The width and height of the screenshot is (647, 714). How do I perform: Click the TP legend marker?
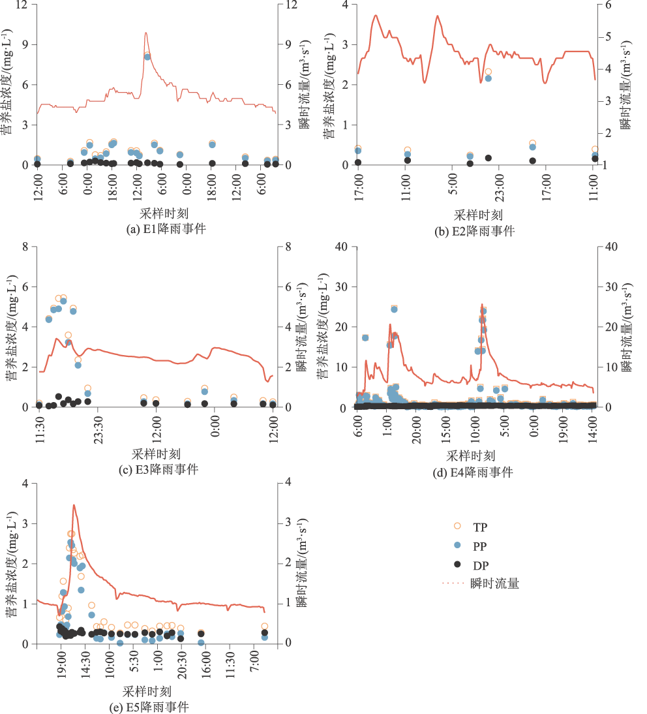[x=457, y=526]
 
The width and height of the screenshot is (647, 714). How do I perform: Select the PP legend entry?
[x=457, y=545]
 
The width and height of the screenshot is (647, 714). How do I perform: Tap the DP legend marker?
[x=457, y=565]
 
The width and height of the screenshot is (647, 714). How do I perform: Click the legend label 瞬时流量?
[x=494, y=583]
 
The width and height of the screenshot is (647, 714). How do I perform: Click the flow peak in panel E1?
[x=145, y=33]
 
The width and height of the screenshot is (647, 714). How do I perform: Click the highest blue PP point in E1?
[x=147, y=57]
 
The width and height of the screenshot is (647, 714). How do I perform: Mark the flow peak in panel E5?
[x=74, y=504]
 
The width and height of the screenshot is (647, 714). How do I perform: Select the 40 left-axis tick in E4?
[x=341, y=246]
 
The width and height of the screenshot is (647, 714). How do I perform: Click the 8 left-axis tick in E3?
[x=25, y=246]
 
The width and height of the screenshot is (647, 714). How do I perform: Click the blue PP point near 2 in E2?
[x=488, y=78]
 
